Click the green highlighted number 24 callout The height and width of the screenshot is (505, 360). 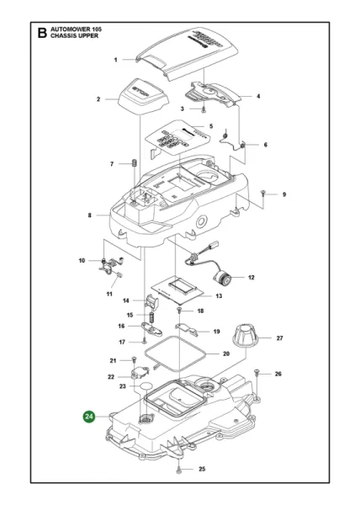pos(89,415)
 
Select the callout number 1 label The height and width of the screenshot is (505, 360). pos(115,61)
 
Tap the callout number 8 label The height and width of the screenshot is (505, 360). pos(89,215)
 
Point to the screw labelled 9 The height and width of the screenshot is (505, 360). pos(264,194)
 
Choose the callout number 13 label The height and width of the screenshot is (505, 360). pos(218,296)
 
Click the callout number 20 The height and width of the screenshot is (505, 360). pos(225,353)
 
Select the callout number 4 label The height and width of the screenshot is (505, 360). pos(257,96)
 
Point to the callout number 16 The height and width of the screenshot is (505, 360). pos(122,326)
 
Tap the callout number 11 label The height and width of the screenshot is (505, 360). pos(110,294)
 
